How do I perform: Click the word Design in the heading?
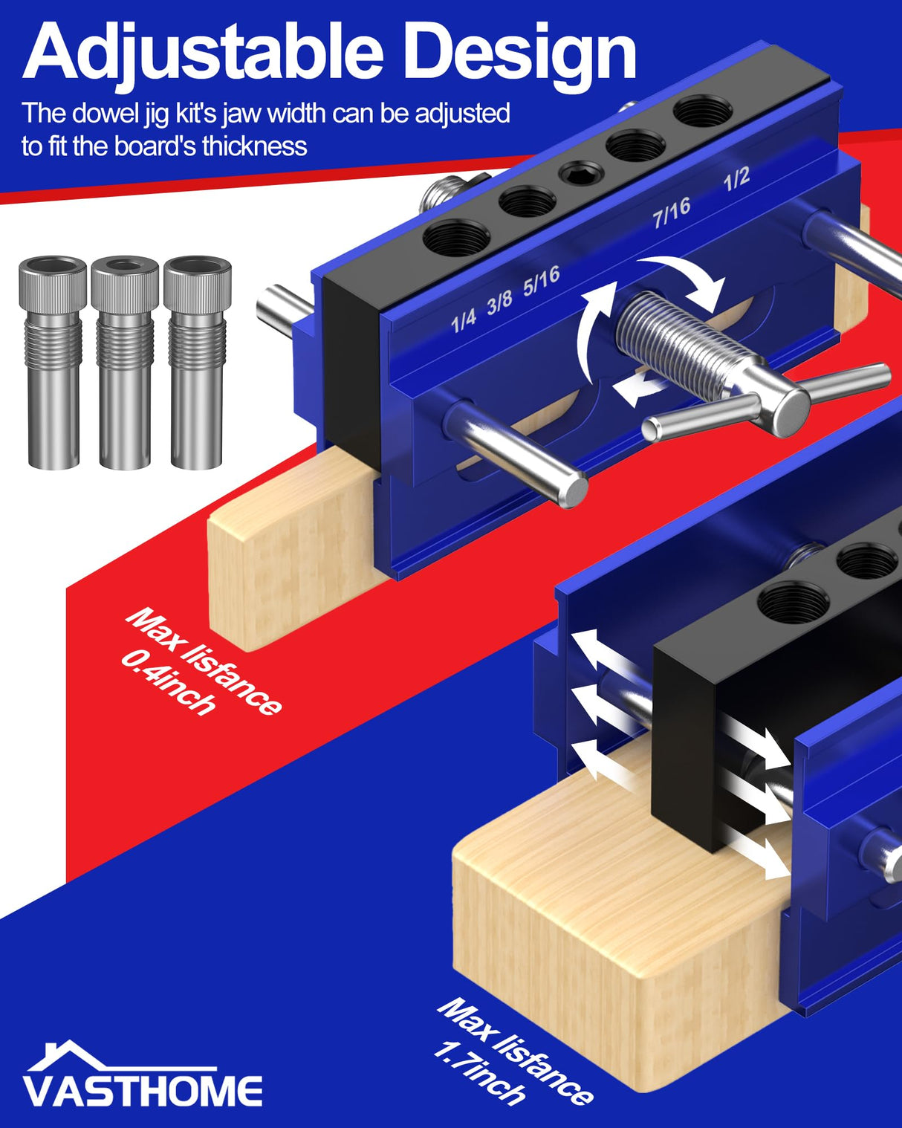[524, 52]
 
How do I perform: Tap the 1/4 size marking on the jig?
[463, 320]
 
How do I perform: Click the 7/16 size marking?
[672, 213]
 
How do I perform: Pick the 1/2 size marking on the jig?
[736, 179]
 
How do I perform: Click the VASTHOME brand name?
[143, 1091]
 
